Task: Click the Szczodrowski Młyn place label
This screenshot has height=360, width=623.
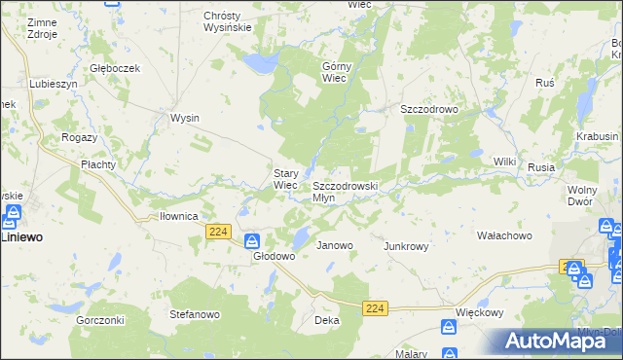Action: click(345, 191)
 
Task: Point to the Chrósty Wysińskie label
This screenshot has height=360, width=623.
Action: click(228, 21)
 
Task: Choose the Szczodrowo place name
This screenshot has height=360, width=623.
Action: click(429, 110)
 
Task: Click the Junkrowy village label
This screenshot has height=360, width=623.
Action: click(406, 246)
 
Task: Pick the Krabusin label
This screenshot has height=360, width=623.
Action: click(597, 137)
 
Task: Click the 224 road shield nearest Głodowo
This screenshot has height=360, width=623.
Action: click(218, 231)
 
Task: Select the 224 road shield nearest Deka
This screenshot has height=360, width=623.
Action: click(376, 307)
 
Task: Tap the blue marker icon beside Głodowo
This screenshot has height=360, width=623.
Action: click(251, 240)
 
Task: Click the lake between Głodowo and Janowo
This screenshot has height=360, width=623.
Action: click(303, 235)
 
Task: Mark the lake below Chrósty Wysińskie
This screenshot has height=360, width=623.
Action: click(259, 64)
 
